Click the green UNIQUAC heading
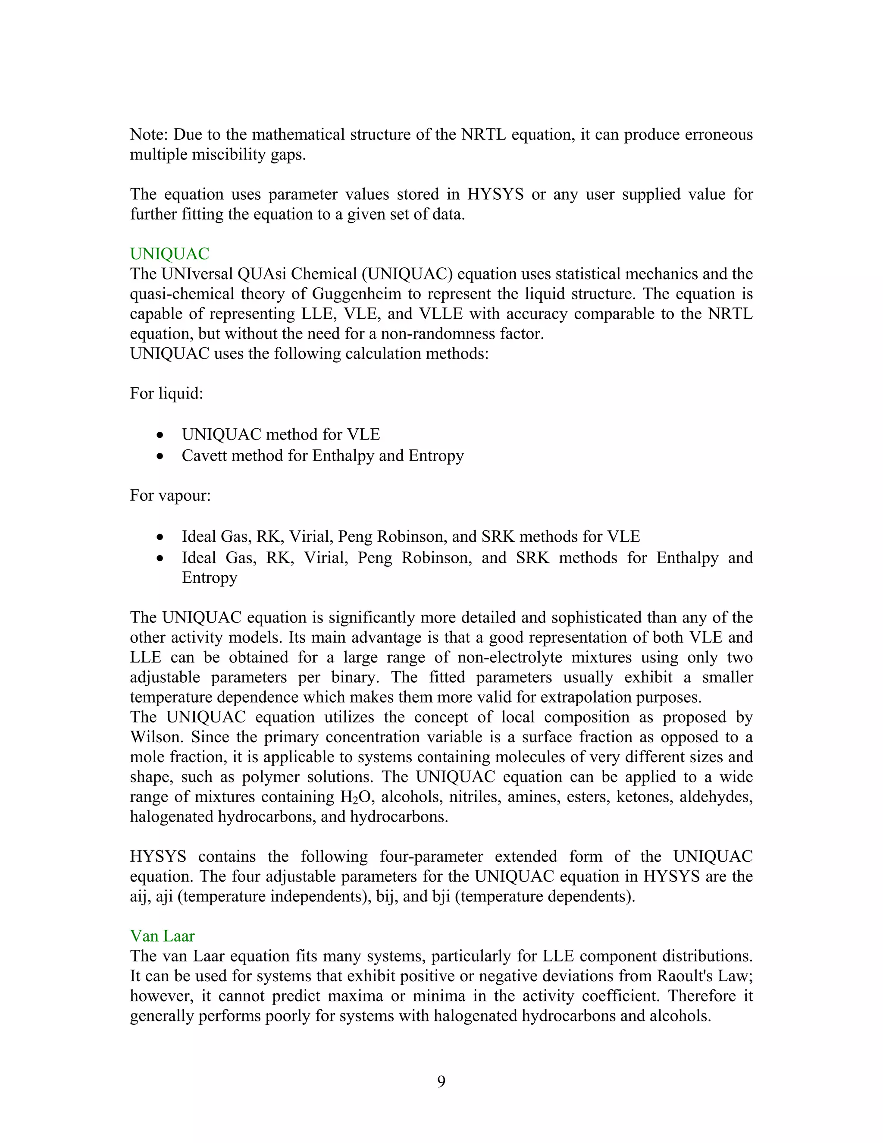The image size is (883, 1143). click(x=169, y=254)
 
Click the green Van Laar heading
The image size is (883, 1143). click(x=162, y=936)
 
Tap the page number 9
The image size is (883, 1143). click(x=441, y=1081)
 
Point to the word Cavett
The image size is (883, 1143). click(x=204, y=455)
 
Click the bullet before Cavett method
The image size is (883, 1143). click(x=160, y=456)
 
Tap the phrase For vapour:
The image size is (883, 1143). click(x=170, y=495)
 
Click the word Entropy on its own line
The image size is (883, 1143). click(x=209, y=578)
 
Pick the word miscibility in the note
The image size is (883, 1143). click(x=223, y=155)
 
